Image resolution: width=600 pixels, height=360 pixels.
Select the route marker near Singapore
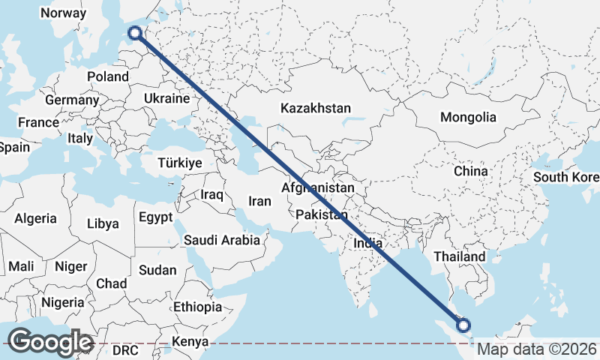point(463,325)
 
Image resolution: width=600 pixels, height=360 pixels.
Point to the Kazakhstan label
point(316,108)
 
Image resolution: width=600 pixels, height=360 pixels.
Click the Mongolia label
point(468,117)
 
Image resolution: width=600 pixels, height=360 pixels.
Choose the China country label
point(471,171)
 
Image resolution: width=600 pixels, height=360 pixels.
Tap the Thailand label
point(460,256)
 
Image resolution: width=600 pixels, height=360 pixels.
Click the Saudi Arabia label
point(222,240)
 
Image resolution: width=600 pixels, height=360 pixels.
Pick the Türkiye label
point(180,163)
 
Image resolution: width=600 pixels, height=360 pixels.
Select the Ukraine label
point(166,98)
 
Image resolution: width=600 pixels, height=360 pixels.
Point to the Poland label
point(108,76)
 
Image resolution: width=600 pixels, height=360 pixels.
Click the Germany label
point(72,100)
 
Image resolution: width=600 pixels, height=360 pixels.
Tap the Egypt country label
point(155,217)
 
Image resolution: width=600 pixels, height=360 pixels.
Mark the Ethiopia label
point(197,307)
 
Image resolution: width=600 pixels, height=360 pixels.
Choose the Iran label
point(259,201)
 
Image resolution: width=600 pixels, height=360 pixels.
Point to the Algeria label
point(35,218)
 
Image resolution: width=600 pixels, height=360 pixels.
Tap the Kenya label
point(190,343)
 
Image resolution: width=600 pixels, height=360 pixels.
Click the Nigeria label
point(63,302)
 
